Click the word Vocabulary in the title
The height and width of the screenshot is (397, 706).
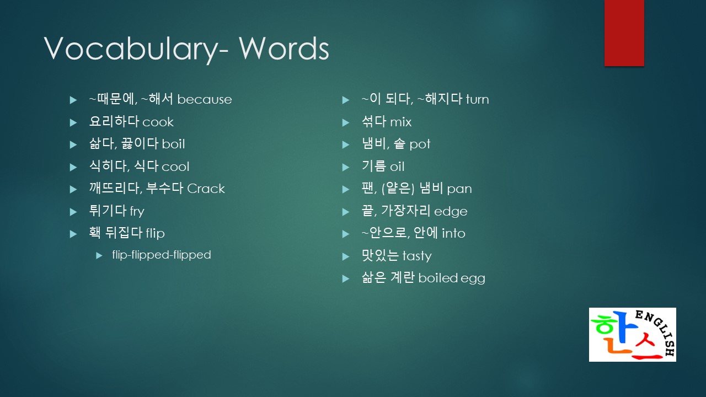coord(132,49)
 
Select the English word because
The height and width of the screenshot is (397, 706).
coord(205,100)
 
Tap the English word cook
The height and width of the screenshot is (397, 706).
coord(158,122)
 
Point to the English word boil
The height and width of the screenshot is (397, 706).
coord(173,144)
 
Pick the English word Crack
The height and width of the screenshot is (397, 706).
coord(206,189)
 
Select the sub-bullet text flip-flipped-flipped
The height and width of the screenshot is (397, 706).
coord(162,255)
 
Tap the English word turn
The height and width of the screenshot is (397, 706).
coord(477,100)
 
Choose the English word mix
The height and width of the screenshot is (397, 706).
coord(400,122)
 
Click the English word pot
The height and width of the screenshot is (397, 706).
coord(420,145)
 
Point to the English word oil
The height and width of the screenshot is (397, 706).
coord(397,167)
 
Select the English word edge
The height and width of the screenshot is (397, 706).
coord(451,212)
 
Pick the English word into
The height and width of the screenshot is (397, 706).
coord(453,234)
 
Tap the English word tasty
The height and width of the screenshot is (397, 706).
coord(417,256)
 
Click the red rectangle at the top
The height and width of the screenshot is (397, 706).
coord(624,33)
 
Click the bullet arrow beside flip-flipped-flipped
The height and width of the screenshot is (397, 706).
coord(99,255)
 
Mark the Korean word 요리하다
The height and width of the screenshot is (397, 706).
coord(114,122)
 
